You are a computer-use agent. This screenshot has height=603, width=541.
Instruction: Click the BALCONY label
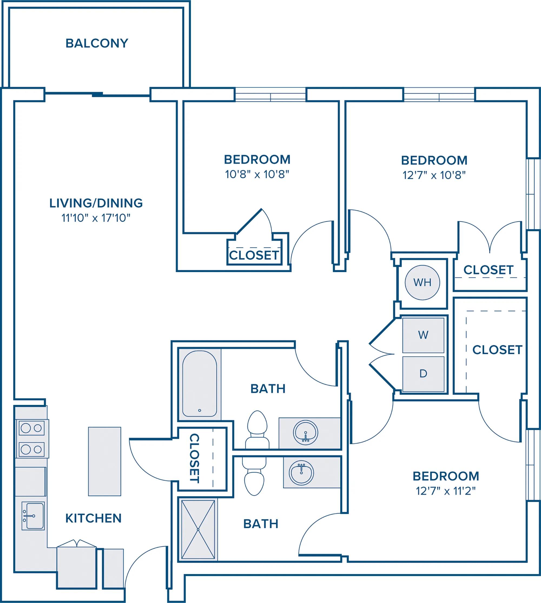97,43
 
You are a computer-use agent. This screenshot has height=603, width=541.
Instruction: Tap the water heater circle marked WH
422,282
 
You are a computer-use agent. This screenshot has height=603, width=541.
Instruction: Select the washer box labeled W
423,335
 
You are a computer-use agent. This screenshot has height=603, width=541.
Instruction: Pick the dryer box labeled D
423,373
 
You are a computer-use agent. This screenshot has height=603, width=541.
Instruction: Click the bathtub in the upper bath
199,384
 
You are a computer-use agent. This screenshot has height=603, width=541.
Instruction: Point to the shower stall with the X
198,529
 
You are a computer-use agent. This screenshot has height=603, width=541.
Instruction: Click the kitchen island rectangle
104,461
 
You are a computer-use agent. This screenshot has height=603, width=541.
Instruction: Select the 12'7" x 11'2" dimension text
446,491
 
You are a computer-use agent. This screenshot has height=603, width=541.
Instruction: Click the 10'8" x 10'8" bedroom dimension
257,174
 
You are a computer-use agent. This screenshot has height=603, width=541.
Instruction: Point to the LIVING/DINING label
96,203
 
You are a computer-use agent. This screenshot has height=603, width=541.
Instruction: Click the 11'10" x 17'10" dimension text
96,218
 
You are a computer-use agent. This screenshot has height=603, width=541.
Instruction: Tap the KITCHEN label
93,518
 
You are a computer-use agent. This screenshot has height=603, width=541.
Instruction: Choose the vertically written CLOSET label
194,458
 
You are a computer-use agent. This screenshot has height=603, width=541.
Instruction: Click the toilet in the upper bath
257,428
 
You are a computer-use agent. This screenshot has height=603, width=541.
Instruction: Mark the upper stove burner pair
31,428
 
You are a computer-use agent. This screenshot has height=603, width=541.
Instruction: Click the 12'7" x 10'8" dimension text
434,175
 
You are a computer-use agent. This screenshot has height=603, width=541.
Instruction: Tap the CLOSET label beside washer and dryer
497,350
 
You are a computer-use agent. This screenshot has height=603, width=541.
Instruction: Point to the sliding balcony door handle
97,94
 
